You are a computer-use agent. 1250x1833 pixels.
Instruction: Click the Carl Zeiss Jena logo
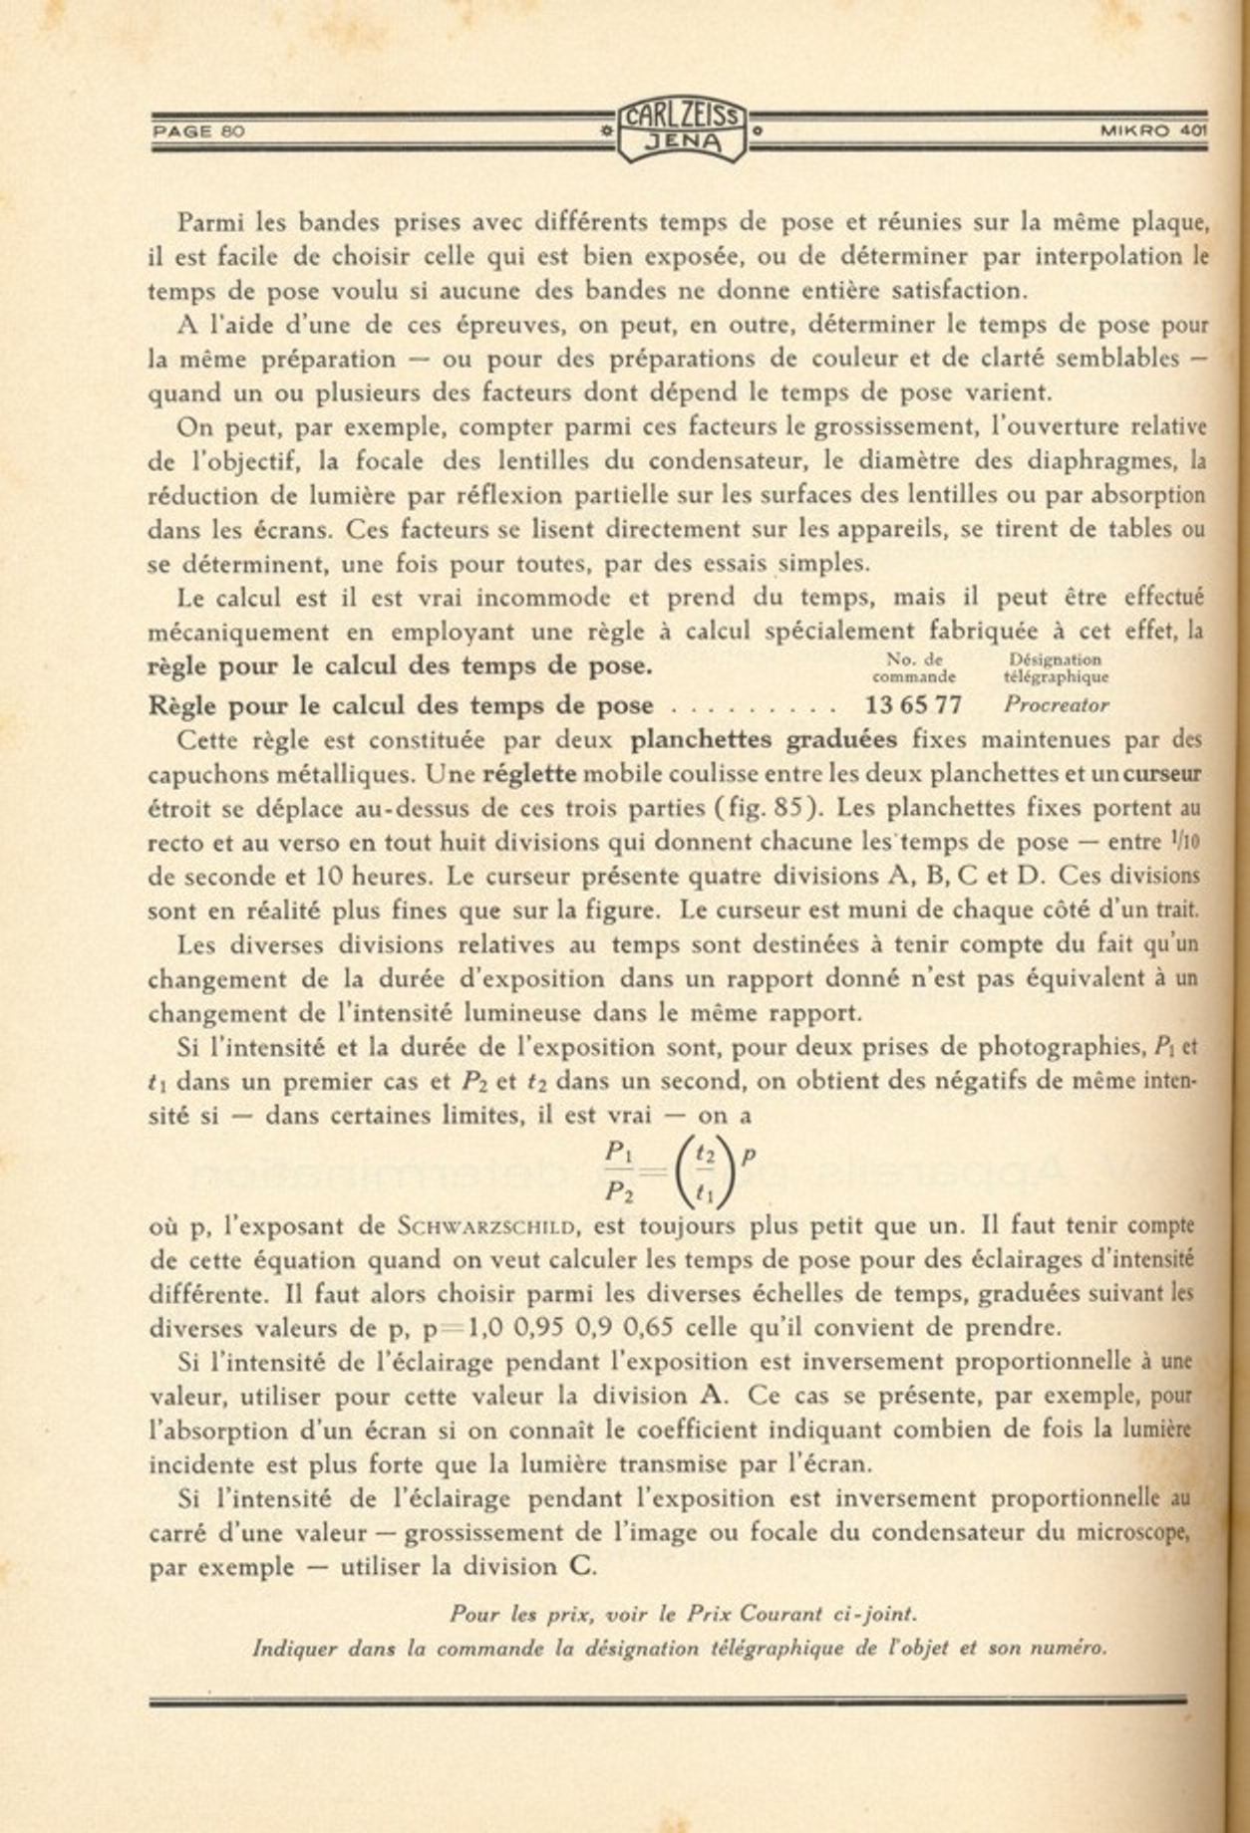coord(682,131)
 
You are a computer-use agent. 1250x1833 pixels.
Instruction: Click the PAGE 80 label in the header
coord(198,131)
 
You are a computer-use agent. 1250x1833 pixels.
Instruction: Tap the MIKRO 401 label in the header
coord(1153,131)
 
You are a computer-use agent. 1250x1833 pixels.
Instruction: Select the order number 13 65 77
coord(914,705)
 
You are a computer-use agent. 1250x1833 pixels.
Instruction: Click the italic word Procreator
coord(1056,705)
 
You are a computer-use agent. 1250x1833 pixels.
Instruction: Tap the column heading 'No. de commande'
coord(914,667)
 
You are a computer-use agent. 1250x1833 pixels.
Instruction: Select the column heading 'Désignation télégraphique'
coord(1056,667)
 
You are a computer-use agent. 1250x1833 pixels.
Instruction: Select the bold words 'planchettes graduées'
coord(763,740)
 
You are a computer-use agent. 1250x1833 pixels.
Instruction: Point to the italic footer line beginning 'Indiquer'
coord(680,1648)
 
